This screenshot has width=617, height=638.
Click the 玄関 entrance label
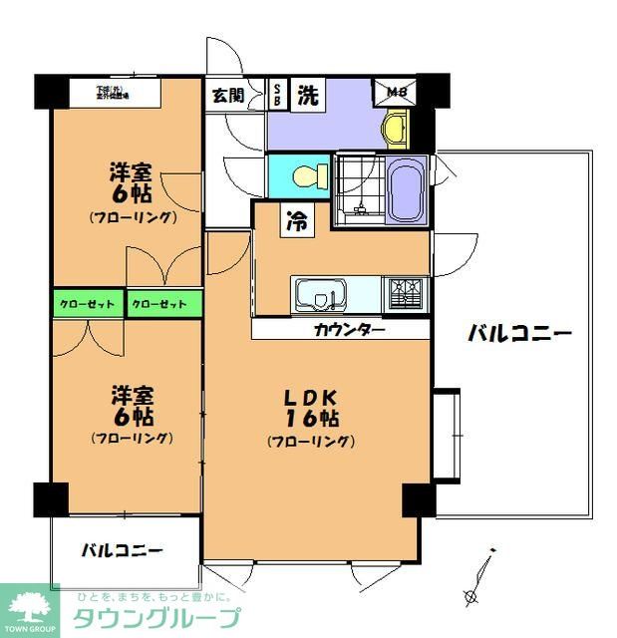pos(227,96)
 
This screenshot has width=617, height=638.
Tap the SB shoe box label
pos(277,95)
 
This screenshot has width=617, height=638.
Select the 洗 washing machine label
pos(309,96)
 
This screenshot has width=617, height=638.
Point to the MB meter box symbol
pos(396,94)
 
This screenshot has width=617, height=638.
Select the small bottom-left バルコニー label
pos(123,549)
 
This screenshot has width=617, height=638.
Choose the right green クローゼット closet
pos(164,302)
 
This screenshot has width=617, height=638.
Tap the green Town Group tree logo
pos(30,607)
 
